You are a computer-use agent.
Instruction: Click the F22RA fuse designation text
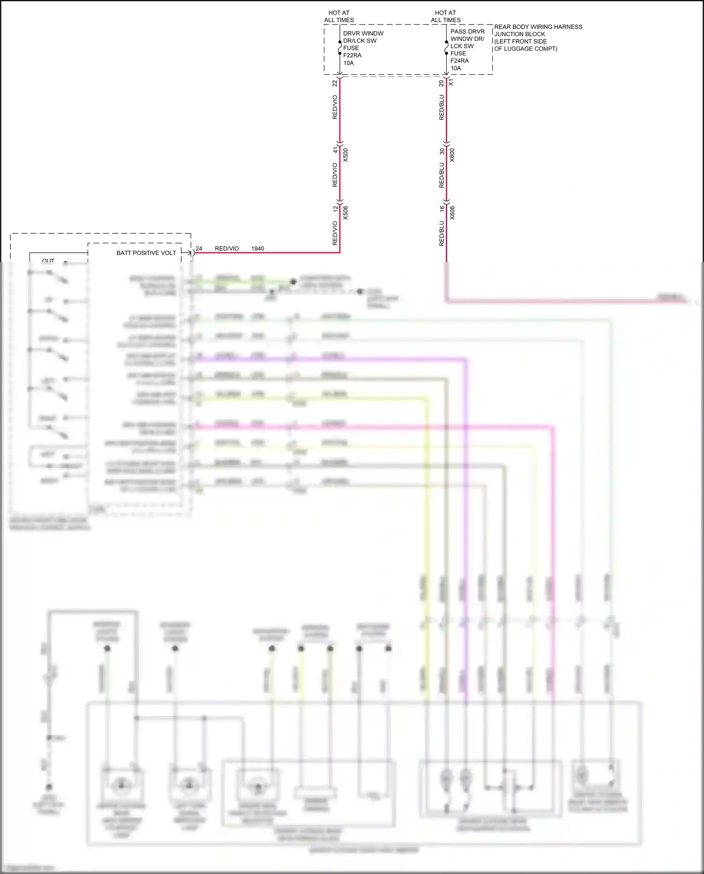(352, 55)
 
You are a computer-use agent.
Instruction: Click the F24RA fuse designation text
(459, 61)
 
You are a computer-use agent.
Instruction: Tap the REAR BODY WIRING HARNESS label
(538, 27)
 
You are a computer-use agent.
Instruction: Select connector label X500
(345, 155)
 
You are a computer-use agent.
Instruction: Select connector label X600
(452, 155)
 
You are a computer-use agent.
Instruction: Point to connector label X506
(345, 213)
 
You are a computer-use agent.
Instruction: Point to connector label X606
(452, 213)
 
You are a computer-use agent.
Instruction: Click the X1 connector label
(451, 82)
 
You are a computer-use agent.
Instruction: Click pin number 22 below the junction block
(335, 83)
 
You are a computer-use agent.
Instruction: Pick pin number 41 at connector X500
(335, 150)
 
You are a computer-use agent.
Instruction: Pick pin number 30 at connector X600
(442, 151)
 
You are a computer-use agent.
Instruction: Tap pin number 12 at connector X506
(335, 209)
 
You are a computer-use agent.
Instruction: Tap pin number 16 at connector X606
(442, 209)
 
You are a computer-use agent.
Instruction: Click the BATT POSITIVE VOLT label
(146, 253)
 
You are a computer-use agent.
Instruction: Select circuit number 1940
(258, 248)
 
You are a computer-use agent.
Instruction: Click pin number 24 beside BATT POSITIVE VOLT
(199, 248)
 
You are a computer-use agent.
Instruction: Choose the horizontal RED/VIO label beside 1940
(227, 248)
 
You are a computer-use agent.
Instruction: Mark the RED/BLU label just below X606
(442, 233)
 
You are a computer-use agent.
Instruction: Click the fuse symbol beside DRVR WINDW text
(339, 47)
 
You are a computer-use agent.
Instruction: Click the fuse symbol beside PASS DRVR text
(446, 47)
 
